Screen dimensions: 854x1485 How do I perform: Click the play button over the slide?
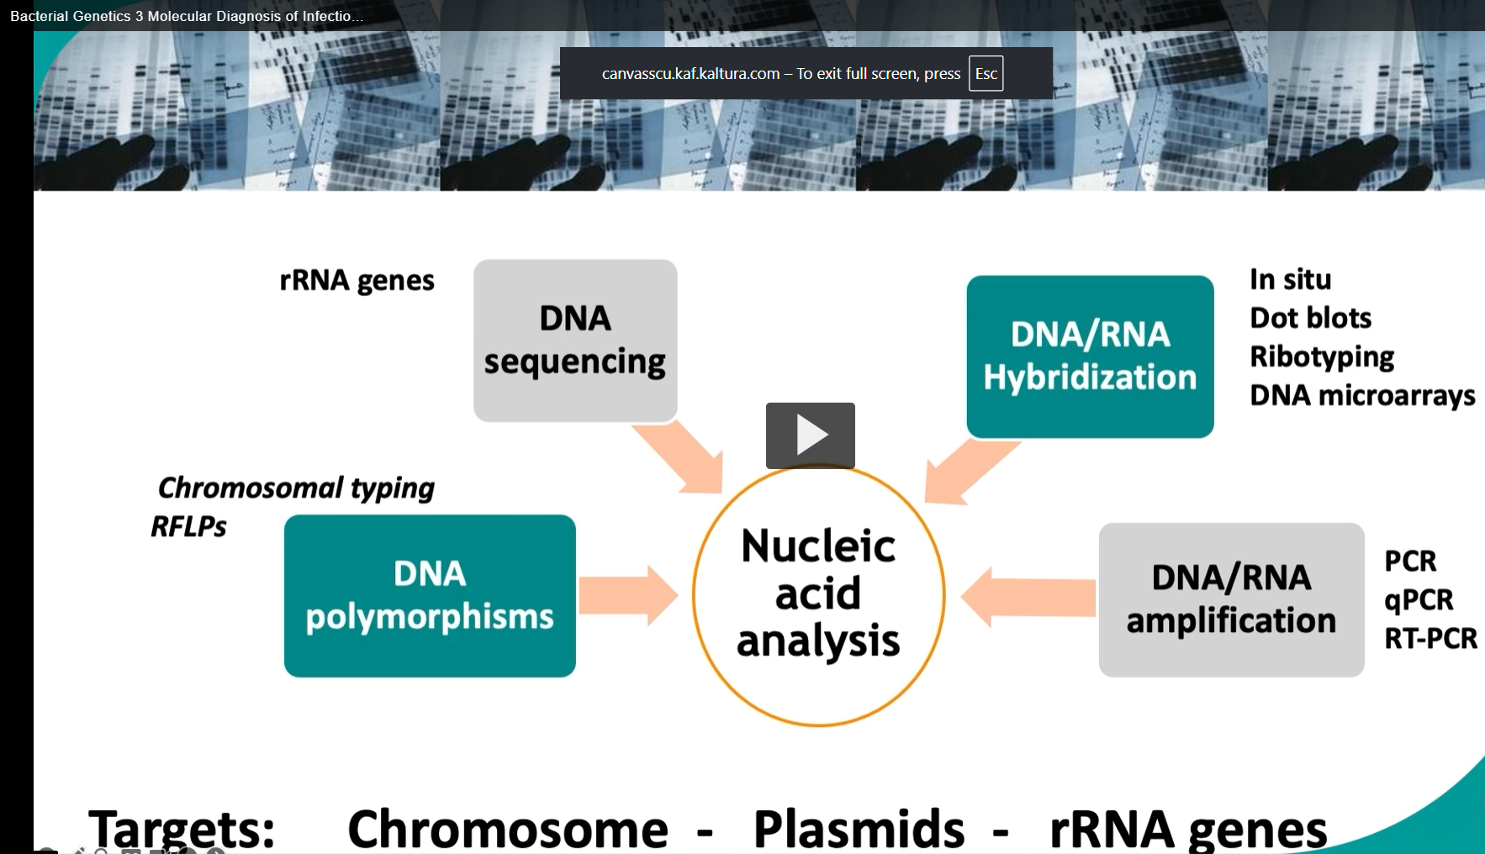(x=810, y=435)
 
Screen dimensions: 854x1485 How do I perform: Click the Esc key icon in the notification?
(x=986, y=74)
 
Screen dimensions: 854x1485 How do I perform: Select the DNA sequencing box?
(x=575, y=340)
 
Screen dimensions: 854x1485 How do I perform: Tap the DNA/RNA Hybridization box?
(x=1090, y=356)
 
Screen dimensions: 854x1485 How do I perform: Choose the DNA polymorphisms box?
(x=430, y=596)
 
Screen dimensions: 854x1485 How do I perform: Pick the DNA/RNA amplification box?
(x=1231, y=599)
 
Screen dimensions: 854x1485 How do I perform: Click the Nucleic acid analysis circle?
(x=818, y=595)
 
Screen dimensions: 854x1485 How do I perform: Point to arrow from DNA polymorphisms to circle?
(x=627, y=595)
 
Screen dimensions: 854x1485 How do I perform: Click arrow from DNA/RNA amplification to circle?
(x=1028, y=597)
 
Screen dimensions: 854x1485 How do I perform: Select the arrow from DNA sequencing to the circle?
(x=681, y=456)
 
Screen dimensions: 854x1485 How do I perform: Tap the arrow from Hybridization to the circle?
(x=967, y=471)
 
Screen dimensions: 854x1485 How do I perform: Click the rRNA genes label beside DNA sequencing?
(x=357, y=281)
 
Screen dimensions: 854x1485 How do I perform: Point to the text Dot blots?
(x=1310, y=318)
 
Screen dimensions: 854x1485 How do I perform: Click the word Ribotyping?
(x=1321, y=357)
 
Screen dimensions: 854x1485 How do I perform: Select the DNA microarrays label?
(x=1361, y=395)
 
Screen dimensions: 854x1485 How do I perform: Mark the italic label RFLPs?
(x=188, y=527)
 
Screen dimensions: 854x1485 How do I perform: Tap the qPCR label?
(x=1418, y=600)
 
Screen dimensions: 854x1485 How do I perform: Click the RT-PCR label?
(x=1430, y=639)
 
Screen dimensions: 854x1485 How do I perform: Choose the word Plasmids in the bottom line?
(x=858, y=829)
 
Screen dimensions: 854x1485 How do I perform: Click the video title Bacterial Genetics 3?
(x=186, y=16)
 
